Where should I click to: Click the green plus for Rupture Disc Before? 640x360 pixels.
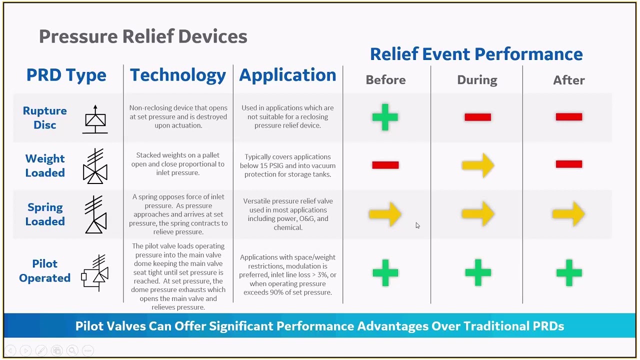(385, 117)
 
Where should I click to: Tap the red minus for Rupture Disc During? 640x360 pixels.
(477, 117)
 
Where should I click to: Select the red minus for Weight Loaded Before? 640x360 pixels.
(385, 165)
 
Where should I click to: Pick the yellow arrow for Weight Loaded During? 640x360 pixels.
(478, 165)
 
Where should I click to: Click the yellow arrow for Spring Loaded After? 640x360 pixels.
(568, 214)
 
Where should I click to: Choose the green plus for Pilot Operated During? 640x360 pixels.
(478, 272)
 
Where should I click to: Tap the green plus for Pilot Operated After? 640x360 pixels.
(569, 272)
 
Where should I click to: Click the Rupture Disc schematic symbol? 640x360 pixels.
(95, 119)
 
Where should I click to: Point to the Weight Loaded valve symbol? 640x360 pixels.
(95, 166)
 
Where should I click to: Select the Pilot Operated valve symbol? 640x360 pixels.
(95, 273)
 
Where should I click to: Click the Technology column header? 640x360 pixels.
(178, 75)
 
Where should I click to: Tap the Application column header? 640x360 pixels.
(287, 75)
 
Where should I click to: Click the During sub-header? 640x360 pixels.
(477, 80)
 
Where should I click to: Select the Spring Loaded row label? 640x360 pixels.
(45, 214)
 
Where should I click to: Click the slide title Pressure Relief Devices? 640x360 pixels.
(143, 36)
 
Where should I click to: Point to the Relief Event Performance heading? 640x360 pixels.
(476, 54)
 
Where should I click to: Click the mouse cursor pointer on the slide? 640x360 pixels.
(417, 225)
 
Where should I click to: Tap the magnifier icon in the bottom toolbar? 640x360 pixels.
(72, 350)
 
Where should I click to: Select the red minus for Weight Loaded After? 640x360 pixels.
(569, 164)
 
